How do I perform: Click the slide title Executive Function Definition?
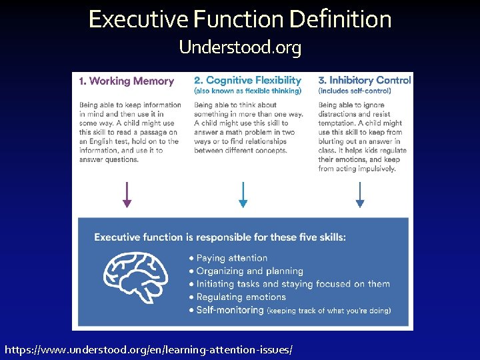click(x=240, y=19)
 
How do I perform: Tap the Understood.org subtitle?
click(x=240, y=48)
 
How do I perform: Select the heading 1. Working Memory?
click(x=126, y=81)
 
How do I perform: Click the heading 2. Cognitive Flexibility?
click(x=247, y=81)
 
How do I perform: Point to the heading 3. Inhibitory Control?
click(x=364, y=81)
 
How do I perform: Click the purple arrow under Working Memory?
click(x=127, y=195)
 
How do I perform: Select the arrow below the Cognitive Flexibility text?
click(x=243, y=195)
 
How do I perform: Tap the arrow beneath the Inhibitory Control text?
click(x=360, y=195)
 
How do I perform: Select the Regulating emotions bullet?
click(x=241, y=297)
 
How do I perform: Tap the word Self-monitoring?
click(x=230, y=310)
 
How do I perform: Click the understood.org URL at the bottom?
click(x=149, y=349)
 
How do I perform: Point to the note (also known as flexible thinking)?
click(x=247, y=91)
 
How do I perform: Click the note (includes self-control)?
click(x=355, y=91)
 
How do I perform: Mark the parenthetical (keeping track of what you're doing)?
click(x=329, y=311)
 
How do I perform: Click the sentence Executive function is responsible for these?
click(x=220, y=237)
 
